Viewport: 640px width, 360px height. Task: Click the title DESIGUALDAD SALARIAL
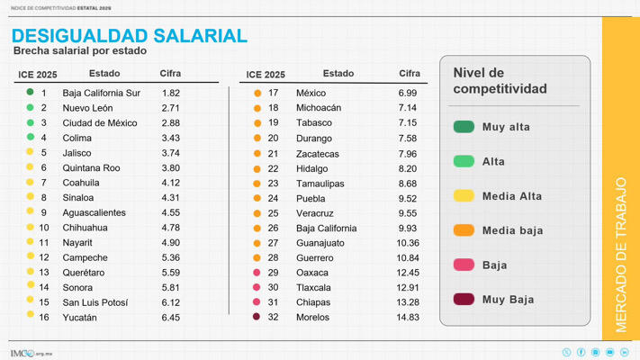tap(129, 36)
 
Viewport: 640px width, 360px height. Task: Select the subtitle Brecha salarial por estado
tap(79, 52)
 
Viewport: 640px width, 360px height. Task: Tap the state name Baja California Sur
tap(101, 93)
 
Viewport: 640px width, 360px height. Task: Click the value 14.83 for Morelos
tap(407, 318)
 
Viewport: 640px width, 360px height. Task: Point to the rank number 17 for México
tap(273, 93)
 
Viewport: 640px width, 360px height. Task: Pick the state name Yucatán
tap(79, 318)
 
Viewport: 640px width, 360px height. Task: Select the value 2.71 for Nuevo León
tap(170, 108)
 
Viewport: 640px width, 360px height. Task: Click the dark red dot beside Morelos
tap(257, 317)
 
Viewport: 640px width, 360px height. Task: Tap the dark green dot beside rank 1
tap(30, 92)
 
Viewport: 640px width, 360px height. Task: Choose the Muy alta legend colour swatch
tap(464, 127)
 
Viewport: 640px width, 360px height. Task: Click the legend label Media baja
tap(512, 230)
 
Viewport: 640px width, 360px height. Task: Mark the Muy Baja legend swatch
tap(464, 299)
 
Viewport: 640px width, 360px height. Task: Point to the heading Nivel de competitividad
tap(500, 81)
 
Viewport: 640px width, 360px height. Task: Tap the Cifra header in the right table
tap(409, 74)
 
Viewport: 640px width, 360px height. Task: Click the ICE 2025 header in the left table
tap(38, 75)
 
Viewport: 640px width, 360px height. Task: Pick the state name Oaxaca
tap(312, 273)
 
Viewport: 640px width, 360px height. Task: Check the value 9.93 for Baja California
tap(407, 229)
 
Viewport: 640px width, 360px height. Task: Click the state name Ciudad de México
tap(99, 123)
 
